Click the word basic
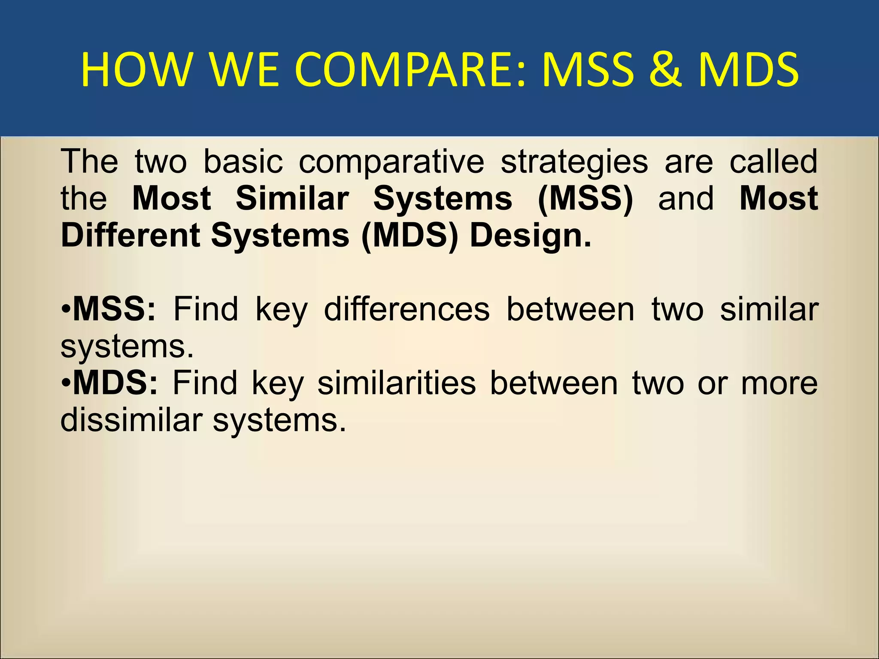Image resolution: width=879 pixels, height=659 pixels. [243, 162]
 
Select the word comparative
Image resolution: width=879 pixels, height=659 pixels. [391, 162]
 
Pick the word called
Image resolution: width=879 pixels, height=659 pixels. [773, 162]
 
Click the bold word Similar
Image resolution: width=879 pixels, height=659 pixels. [292, 199]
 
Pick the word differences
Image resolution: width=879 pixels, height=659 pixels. [407, 309]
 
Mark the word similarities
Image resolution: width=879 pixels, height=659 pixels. [397, 383]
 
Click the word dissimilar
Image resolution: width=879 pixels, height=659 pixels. [131, 420]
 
